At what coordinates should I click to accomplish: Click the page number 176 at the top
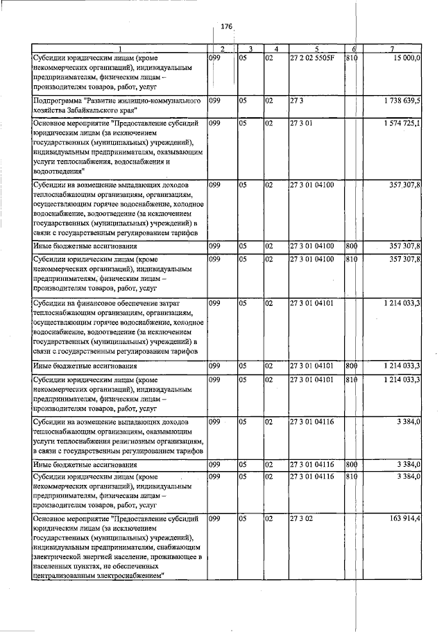coord(226,26)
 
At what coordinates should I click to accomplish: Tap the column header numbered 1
coord(119,49)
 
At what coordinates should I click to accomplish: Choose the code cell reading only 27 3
coord(297,101)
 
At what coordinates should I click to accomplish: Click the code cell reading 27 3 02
coord(302,518)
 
